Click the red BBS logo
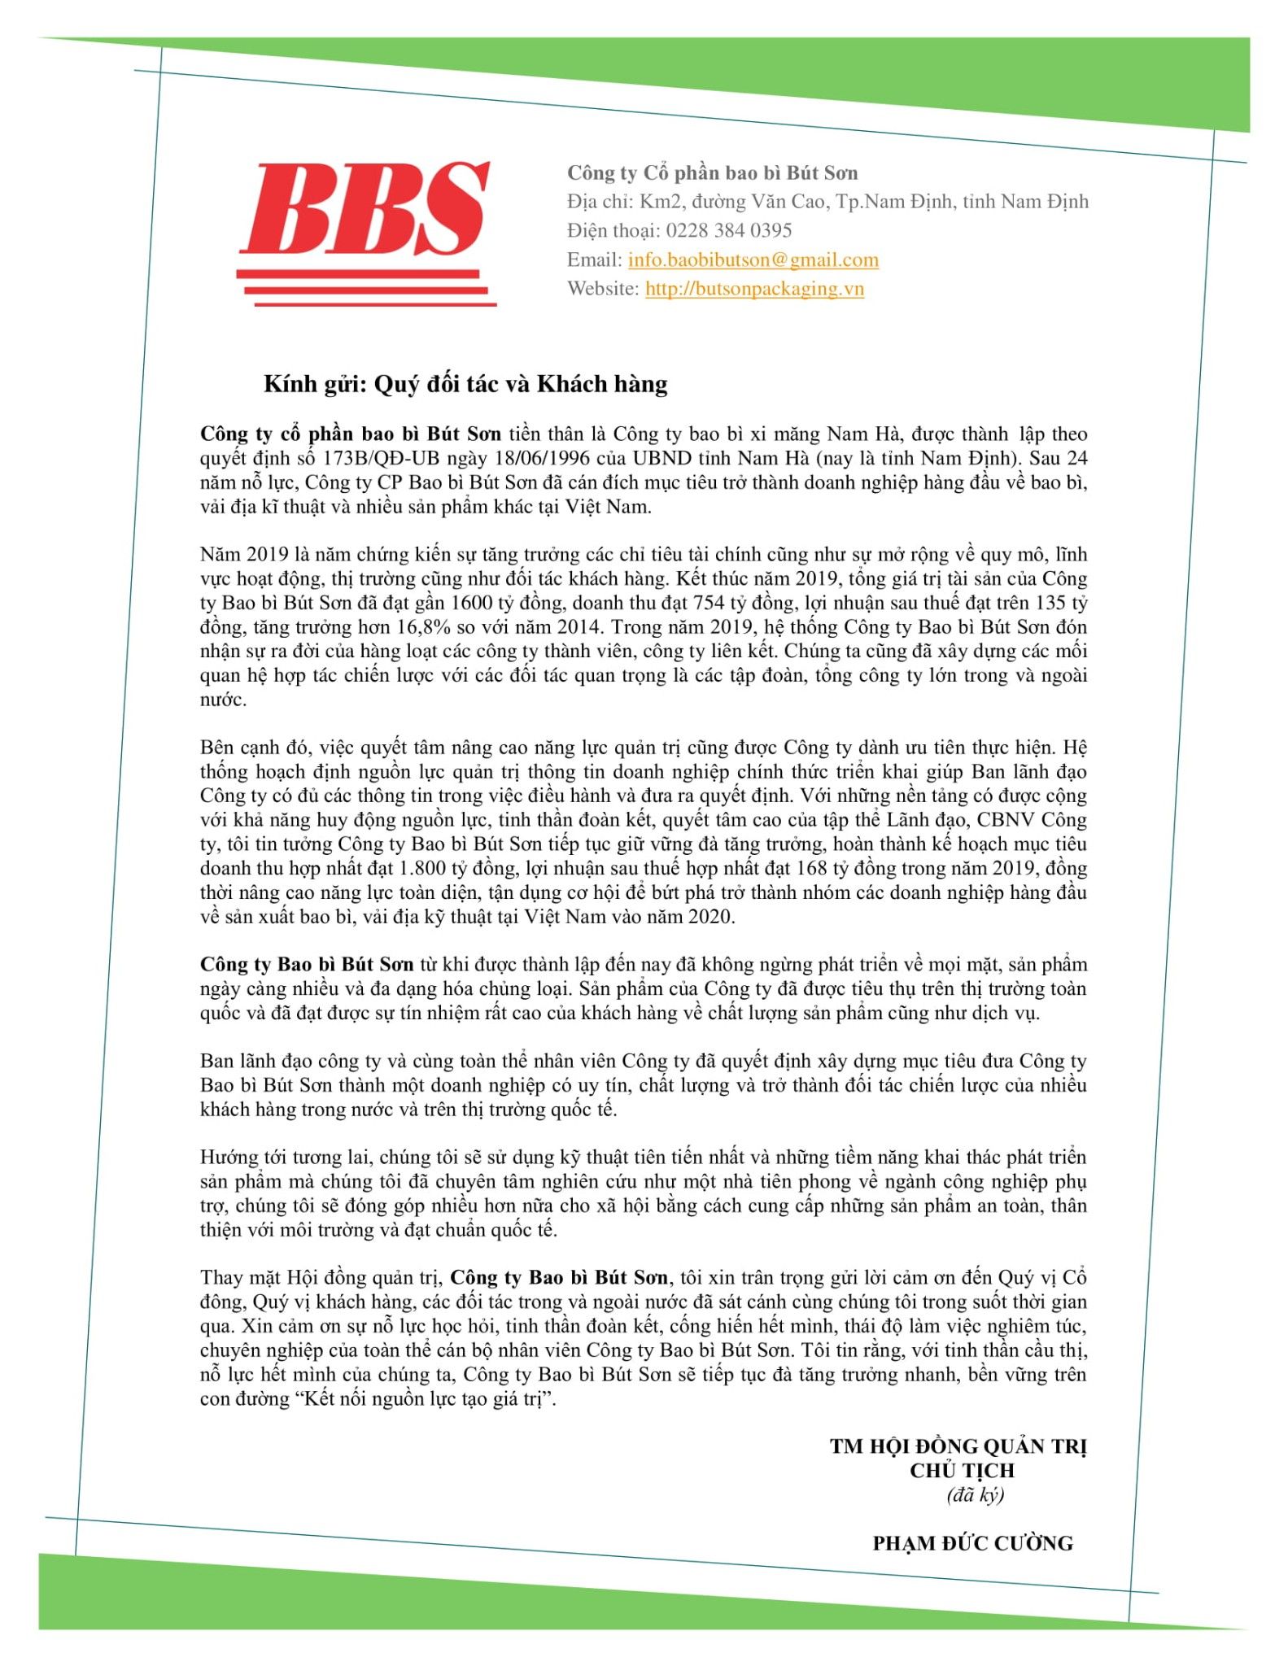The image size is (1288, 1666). pyautogui.click(x=366, y=232)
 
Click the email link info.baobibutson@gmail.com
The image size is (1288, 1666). pyautogui.click(x=753, y=259)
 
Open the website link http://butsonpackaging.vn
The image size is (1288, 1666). pyautogui.click(x=754, y=289)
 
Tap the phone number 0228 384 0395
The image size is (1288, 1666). pyautogui.click(x=729, y=230)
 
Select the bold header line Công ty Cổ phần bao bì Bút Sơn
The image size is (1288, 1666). pyautogui.click(x=712, y=172)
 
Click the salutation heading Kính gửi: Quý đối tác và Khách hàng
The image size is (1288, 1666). pyautogui.click(x=465, y=384)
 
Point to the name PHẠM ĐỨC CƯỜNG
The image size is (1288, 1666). pyautogui.click(x=972, y=1543)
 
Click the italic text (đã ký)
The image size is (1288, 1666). pyautogui.click(x=975, y=1494)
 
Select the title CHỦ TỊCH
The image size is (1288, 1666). pyautogui.click(x=962, y=1470)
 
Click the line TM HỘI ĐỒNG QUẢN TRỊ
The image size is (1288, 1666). pyautogui.click(x=958, y=1446)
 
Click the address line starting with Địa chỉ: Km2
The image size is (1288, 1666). pyautogui.click(x=827, y=202)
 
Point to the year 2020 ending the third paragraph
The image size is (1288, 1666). pyautogui.click(x=709, y=917)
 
